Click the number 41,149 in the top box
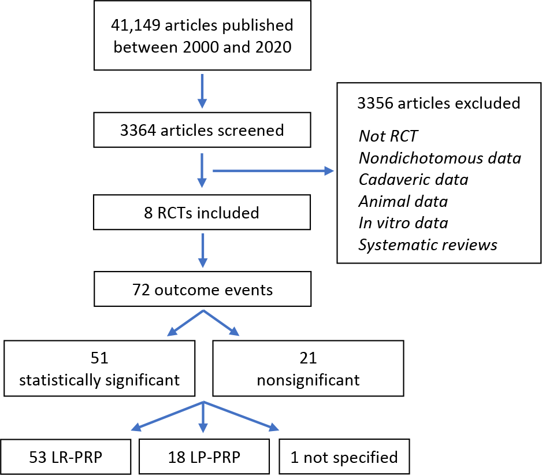[x=135, y=25]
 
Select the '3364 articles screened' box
[x=202, y=130]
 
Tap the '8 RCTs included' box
[x=202, y=212]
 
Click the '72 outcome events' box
[x=203, y=289]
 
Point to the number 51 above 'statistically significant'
[x=99, y=358]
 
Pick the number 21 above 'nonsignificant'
[x=309, y=358]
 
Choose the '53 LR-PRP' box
[x=66, y=457]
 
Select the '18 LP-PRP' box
[x=205, y=457]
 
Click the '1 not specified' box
[x=344, y=457]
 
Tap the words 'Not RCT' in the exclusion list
[x=388, y=136]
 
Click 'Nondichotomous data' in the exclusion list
[x=440, y=158]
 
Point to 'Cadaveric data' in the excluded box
[x=413, y=179]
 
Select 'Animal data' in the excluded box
[x=403, y=201]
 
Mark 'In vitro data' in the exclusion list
[x=403, y=223]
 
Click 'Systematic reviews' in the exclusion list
[x=428, y=245]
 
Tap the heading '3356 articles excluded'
[x=439, y=103]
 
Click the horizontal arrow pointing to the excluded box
[x=273, y=171]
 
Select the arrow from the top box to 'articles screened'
[x=202, y=91]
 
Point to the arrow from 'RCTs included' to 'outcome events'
[x=203, y=251]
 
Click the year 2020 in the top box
[x=273, y=47]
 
